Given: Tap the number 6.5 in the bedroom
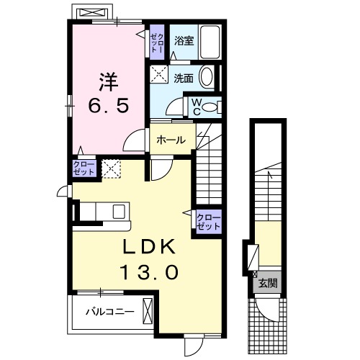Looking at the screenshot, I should [x=109, y=105].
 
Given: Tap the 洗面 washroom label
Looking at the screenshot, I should [x=184, y=77].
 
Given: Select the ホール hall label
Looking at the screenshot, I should [x=171, y=140].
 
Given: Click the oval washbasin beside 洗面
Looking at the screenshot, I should [x=207, y=77].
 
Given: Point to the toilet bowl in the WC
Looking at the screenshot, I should [x=210, y=107].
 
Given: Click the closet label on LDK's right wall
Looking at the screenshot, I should [x=209, y=220].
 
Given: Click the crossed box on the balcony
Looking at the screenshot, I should [x=148, y=312].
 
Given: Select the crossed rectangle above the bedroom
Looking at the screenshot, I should [x=91, y=14].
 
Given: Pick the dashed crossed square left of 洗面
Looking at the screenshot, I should [x=158, y=73].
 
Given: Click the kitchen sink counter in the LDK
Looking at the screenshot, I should [x=103, y=211].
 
